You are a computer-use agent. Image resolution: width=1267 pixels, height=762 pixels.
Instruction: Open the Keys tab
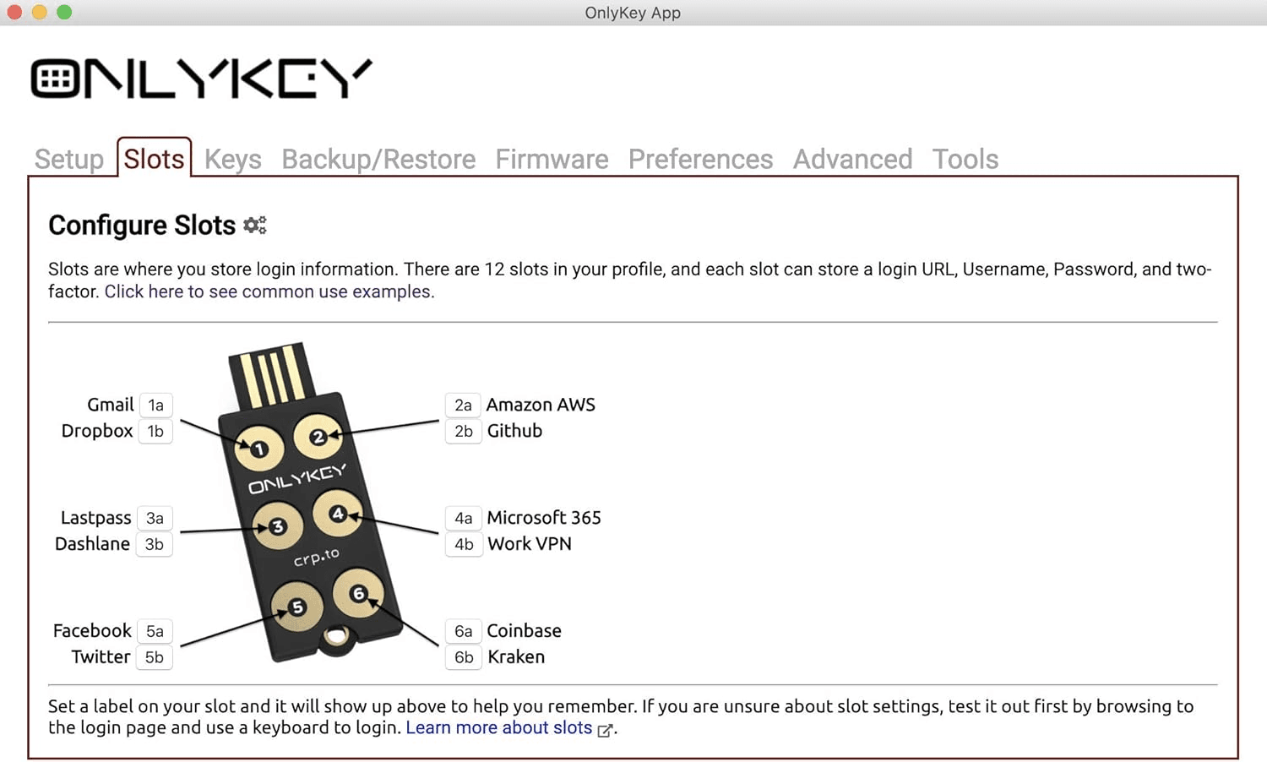pos(232,159)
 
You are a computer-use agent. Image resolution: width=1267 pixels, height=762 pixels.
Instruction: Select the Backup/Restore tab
pos(378,159)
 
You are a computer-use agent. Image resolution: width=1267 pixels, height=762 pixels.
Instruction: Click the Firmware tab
pos(552,159)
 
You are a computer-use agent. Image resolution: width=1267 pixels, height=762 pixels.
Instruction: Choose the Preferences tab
pos(700,159)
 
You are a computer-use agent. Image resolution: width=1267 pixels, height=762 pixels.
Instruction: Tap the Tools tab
pos(965,159)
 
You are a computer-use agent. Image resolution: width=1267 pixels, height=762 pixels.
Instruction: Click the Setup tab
pos(69,159)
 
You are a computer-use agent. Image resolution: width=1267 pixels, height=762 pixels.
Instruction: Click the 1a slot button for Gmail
pos(155,405)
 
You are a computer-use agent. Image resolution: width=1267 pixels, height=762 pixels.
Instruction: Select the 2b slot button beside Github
pos(463,431)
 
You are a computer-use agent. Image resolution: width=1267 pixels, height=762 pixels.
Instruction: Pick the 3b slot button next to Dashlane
pos(155,544)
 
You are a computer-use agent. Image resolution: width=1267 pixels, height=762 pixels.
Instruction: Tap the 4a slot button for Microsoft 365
pos(463,518)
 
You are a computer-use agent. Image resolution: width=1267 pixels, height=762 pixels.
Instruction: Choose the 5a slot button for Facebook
pos(155,631)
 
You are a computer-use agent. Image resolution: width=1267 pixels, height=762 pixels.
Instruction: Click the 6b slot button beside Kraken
pos(463,657)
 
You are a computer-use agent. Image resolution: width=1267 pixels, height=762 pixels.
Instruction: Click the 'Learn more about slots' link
pos(499,727)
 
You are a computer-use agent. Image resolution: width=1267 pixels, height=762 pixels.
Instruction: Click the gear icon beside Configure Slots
pos(255,226)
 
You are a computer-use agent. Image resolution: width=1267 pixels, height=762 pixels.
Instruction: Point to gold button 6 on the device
pos(358,594)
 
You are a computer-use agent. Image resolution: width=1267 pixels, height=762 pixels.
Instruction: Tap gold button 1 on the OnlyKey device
pos(259,449)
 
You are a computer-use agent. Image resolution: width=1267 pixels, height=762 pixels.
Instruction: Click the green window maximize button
pos(64,12)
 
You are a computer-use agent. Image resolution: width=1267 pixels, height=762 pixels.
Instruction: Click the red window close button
pos(14,12)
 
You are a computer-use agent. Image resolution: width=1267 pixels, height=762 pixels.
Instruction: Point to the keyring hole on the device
pos(337,636)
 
